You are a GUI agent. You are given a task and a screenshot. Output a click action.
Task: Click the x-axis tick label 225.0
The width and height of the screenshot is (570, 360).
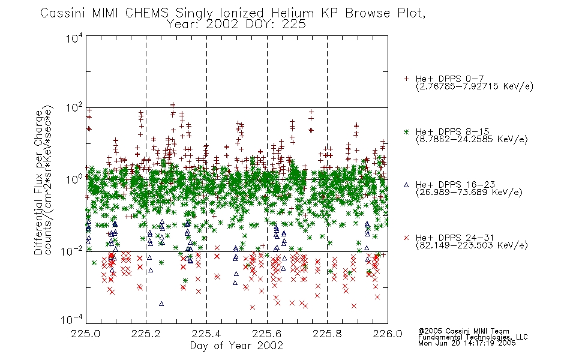click(x=85, y=334)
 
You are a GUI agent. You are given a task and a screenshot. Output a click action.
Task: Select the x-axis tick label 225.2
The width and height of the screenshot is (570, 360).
click(x=146, y=334)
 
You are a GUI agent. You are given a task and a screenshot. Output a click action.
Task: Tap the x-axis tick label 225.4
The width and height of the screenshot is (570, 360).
click(x=206, y=334)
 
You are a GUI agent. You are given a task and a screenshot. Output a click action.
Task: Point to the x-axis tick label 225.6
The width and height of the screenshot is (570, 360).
click(x=267, y=334)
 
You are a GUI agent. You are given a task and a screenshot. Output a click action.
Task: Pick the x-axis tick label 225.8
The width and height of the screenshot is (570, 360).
click(x=327, y=334)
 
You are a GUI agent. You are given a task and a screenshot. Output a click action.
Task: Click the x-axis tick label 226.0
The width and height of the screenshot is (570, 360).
click(x=388, y=334)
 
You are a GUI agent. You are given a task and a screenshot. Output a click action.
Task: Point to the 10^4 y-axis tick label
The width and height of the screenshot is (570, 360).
click(x=74, y=38)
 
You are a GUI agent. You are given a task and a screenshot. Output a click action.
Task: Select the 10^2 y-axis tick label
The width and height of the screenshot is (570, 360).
click(x=74, y=108)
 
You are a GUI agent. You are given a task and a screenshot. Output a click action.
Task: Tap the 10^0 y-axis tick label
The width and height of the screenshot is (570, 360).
click(x=74, y=179)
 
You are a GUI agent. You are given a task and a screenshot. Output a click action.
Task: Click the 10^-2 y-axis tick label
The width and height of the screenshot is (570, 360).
click(x=72, y=251)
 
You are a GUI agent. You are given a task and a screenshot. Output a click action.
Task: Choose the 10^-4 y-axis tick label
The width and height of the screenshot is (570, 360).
click(x=72, y=320)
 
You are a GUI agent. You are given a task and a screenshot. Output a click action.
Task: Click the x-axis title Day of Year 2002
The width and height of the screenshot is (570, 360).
click(x=236, y=346)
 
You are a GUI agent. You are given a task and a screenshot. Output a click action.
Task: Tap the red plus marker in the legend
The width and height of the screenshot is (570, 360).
click(x=406, y=79)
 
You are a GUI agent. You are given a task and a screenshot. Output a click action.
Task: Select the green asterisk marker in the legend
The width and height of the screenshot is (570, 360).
click(x=406, y=131)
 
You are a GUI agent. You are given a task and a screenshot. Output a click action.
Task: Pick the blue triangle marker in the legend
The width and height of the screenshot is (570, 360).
click(x=406, y=185)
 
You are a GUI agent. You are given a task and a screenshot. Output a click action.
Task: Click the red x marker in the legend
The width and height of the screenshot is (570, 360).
click(x=406, y=238)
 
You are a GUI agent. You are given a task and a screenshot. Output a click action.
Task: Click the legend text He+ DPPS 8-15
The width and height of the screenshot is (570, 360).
click(x=452, y=131)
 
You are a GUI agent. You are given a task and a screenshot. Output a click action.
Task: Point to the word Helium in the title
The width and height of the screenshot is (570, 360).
click(x=293, y=13)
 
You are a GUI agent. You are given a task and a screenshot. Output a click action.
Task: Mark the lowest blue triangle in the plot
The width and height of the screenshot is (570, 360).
click(x=161, y=304)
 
